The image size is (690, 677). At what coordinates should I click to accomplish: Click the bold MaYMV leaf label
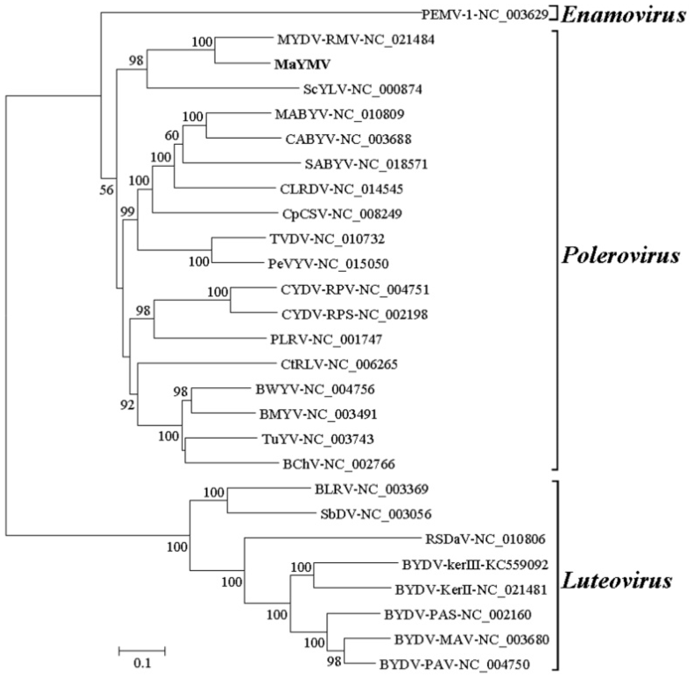pos(302,64)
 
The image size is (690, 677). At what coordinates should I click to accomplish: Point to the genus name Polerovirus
pos(620,255)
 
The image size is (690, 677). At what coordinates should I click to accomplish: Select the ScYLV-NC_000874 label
pos(363,89)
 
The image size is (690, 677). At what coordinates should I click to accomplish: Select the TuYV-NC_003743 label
pos(318,440)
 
